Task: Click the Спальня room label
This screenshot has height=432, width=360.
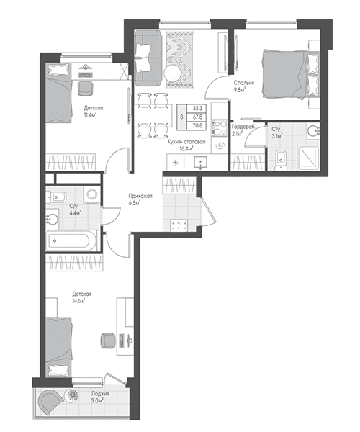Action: tap(244, 83)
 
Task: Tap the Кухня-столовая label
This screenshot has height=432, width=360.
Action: tap(186, 142)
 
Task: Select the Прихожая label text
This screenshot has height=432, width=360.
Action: tap(140, 196)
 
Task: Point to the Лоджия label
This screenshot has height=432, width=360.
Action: tap(100, 394)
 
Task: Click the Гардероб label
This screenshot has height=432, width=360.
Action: tap(243, 127)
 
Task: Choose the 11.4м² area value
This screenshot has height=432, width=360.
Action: tap(90, 115)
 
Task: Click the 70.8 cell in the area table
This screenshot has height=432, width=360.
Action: tap(197, 125)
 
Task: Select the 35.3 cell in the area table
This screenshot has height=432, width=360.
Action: tap(197, 109)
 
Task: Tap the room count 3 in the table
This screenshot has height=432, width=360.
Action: tap(181, 117)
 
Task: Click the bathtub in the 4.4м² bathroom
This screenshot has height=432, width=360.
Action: tap(71, 240)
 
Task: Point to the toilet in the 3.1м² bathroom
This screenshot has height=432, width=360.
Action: tap(281, 159)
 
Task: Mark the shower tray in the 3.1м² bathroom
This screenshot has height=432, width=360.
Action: tap(308, 157)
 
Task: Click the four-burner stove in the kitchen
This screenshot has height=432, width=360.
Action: tap(220, 128)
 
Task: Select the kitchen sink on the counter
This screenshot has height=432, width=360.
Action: tap(201, 162)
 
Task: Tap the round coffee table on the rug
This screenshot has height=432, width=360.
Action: tap(173, 73)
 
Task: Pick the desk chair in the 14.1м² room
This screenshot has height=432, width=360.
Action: tap(108, 341)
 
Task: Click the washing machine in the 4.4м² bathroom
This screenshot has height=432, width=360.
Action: tap(91, 194)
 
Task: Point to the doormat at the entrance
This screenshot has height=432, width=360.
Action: tap(179, 225)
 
